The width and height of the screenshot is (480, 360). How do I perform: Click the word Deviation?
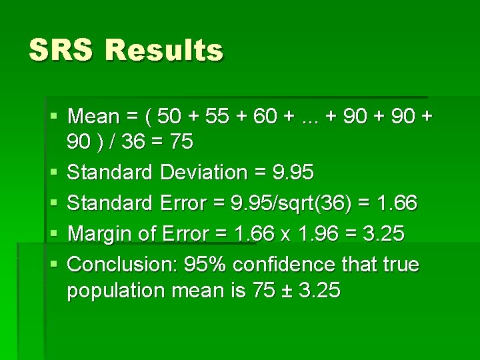click(203, 173)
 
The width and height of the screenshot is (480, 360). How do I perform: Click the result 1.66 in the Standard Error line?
click(397, 203)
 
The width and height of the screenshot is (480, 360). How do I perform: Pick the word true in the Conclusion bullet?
click(401, 265)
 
